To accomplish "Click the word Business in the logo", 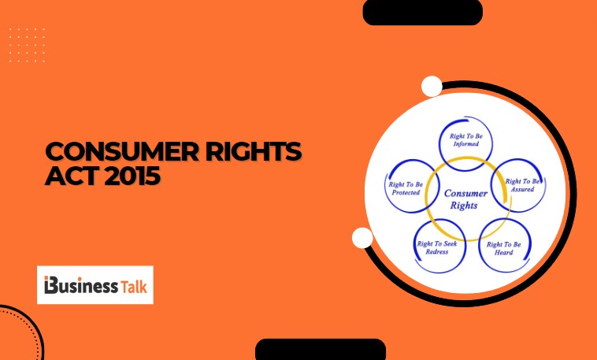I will point(85,284).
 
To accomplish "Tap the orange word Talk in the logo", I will point(134,284).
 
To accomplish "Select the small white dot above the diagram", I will point(432,86).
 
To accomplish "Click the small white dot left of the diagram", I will point(362,238).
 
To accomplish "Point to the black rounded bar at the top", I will point(422,12).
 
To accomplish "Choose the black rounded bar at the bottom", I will point(320,350).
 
